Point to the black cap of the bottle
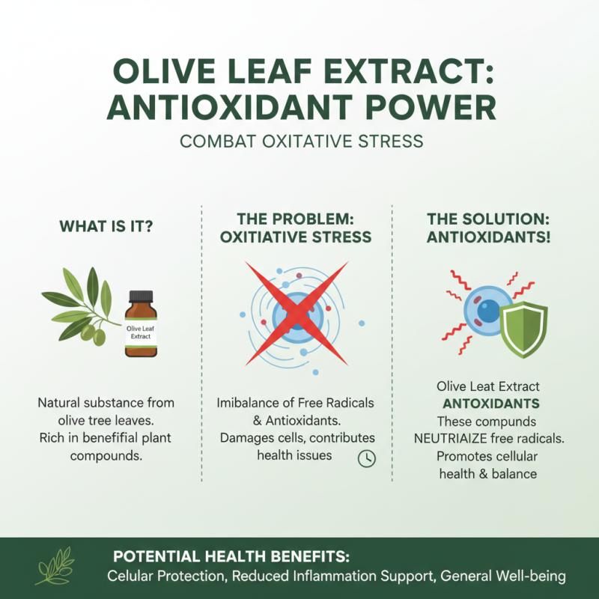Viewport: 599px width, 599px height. tap(141, 297)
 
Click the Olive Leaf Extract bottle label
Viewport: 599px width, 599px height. tap(140, 332)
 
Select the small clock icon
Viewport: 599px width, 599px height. tap(366, 458)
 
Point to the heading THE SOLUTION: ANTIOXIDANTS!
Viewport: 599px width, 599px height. tap(488, 228)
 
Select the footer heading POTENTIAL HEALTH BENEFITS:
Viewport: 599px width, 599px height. tap(231, 558)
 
